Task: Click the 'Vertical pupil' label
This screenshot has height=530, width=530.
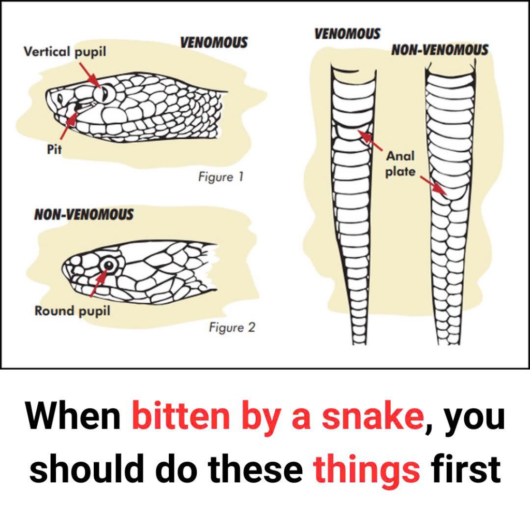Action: point(65,52)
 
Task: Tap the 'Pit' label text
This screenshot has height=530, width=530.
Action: point(54,149)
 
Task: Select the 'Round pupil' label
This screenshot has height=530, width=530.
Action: point(72,311)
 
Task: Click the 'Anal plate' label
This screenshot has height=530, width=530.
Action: point(400,164)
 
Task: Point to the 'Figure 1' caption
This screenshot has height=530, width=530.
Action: point(220,177)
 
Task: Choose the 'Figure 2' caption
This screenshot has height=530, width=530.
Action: point(232,327)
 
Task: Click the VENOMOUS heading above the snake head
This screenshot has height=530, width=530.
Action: point(214,42)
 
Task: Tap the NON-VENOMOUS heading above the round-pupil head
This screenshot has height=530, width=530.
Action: point(84,214)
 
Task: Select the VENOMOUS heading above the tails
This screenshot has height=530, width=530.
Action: point(347,34)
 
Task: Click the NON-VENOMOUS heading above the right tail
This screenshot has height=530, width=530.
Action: point(440,50)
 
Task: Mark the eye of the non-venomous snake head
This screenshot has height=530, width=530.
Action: point(109,266)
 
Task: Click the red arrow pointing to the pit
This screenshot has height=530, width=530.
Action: point(69,125)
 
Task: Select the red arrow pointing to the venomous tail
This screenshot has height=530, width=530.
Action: point(370,140)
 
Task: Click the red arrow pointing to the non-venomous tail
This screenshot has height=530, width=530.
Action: point(434,185)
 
